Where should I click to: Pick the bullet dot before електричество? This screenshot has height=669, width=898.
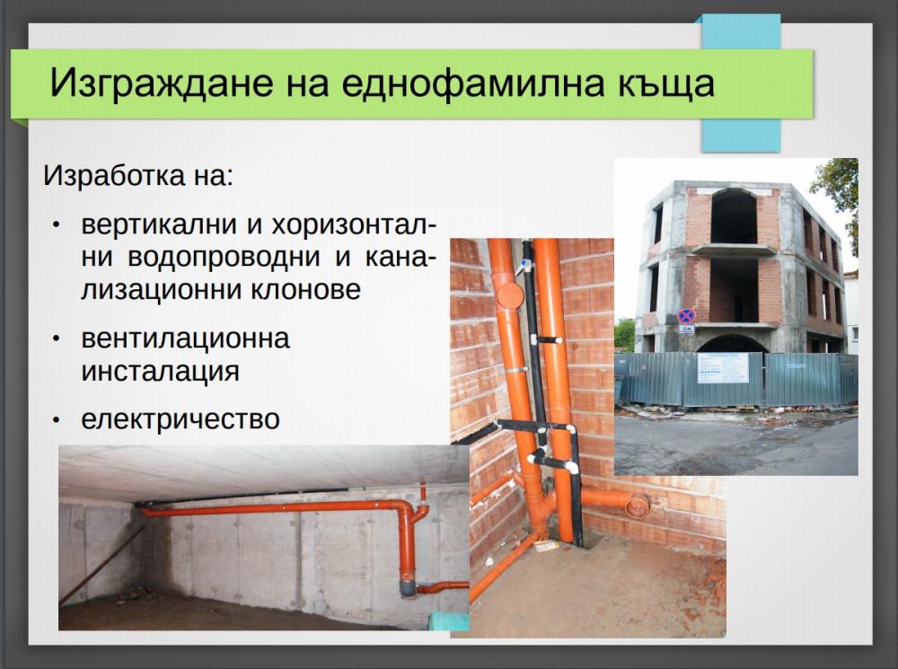(x=57, y=419)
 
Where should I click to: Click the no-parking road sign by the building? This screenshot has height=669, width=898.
(x=686, y=316)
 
